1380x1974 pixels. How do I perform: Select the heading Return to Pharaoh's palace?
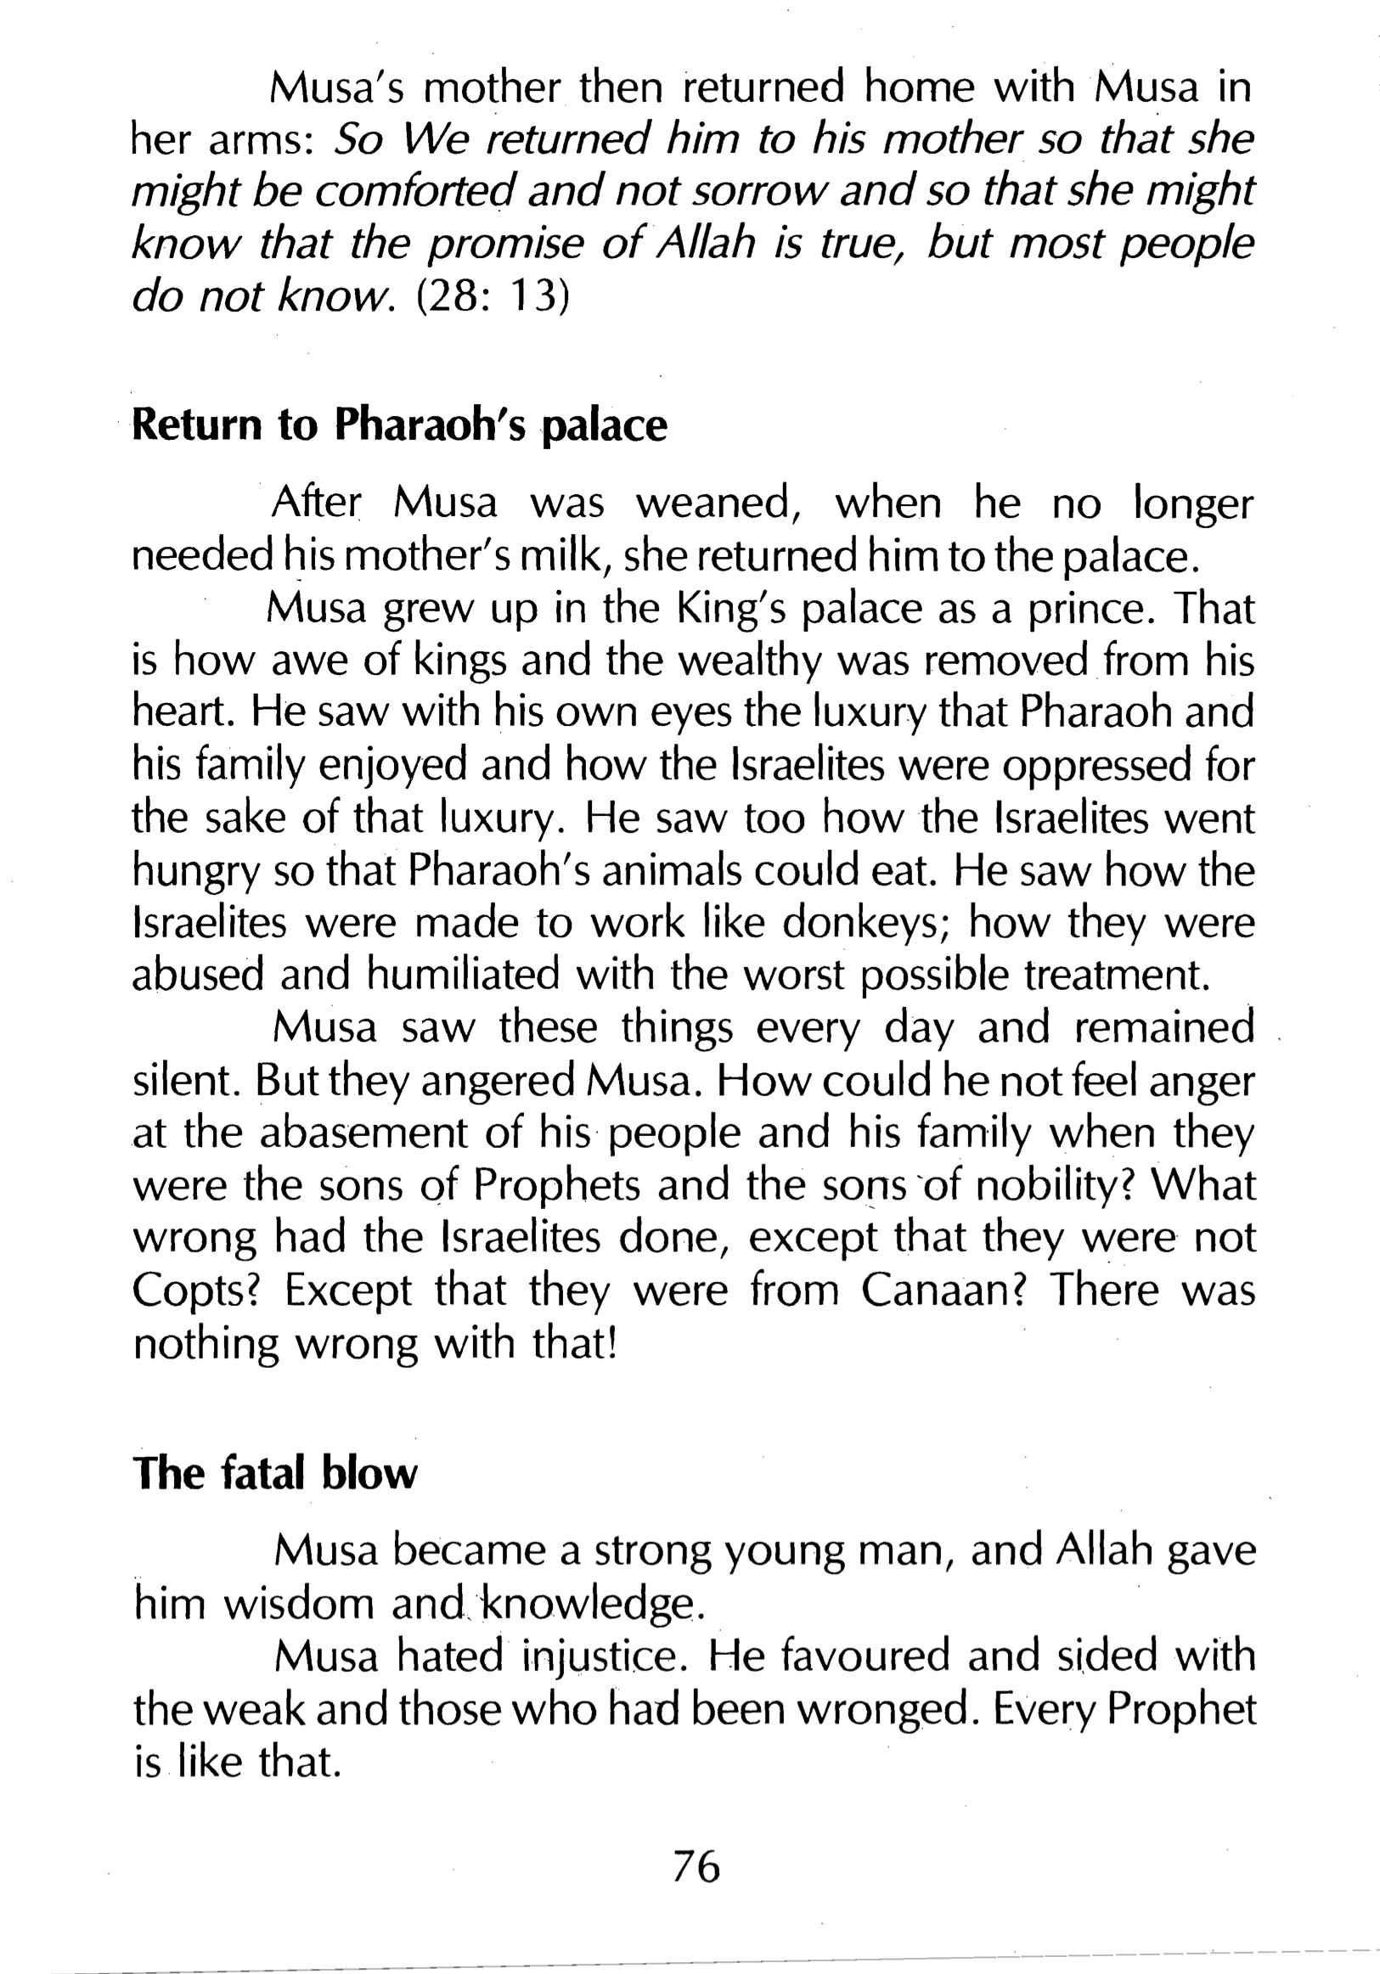[399, 425]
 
